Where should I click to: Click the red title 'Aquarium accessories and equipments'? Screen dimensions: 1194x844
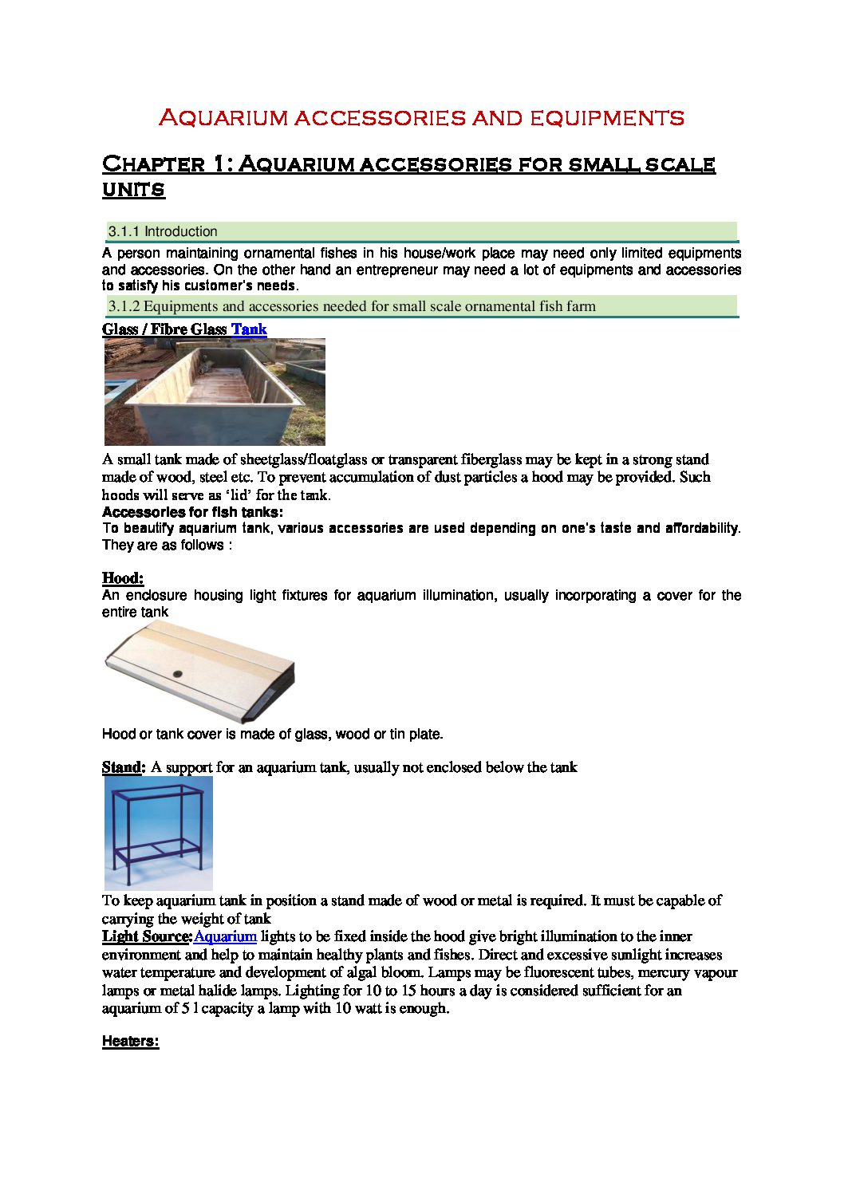pyautogui.click(x=421, y=118)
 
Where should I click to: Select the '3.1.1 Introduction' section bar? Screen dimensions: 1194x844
pyautogui.click(x=421, y=231)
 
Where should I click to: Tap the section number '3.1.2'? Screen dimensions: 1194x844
pyautogui.click(x=124, y=306)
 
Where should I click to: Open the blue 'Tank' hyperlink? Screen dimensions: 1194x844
pyautogui.click(x=249, y=329)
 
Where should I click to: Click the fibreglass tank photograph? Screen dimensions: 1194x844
pyautogui.click(x=215, y=392)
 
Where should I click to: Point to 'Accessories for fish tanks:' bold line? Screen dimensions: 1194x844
pyautogui.click(x=192, y=512)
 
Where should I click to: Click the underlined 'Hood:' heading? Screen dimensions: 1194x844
pyautogui.click(x=122, y=577)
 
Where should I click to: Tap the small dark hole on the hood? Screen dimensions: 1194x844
pyautogui.click(x=177, y=675)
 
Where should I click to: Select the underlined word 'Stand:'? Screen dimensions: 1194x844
pyautogui.click(x=123, y=767)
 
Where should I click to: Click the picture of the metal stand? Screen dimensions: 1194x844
pyautogui.click(x=159, y=833)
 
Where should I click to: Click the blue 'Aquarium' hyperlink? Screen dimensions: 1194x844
pyautogui.click(x=225, y=936)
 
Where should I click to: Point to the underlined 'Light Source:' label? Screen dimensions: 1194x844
pyautogui.click(x=147, y=936)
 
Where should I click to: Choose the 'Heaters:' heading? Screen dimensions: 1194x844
pyautogui.click(x=130, y=1041)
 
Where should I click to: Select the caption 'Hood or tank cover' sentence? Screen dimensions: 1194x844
pyautogui.click(x=272, y=734)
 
